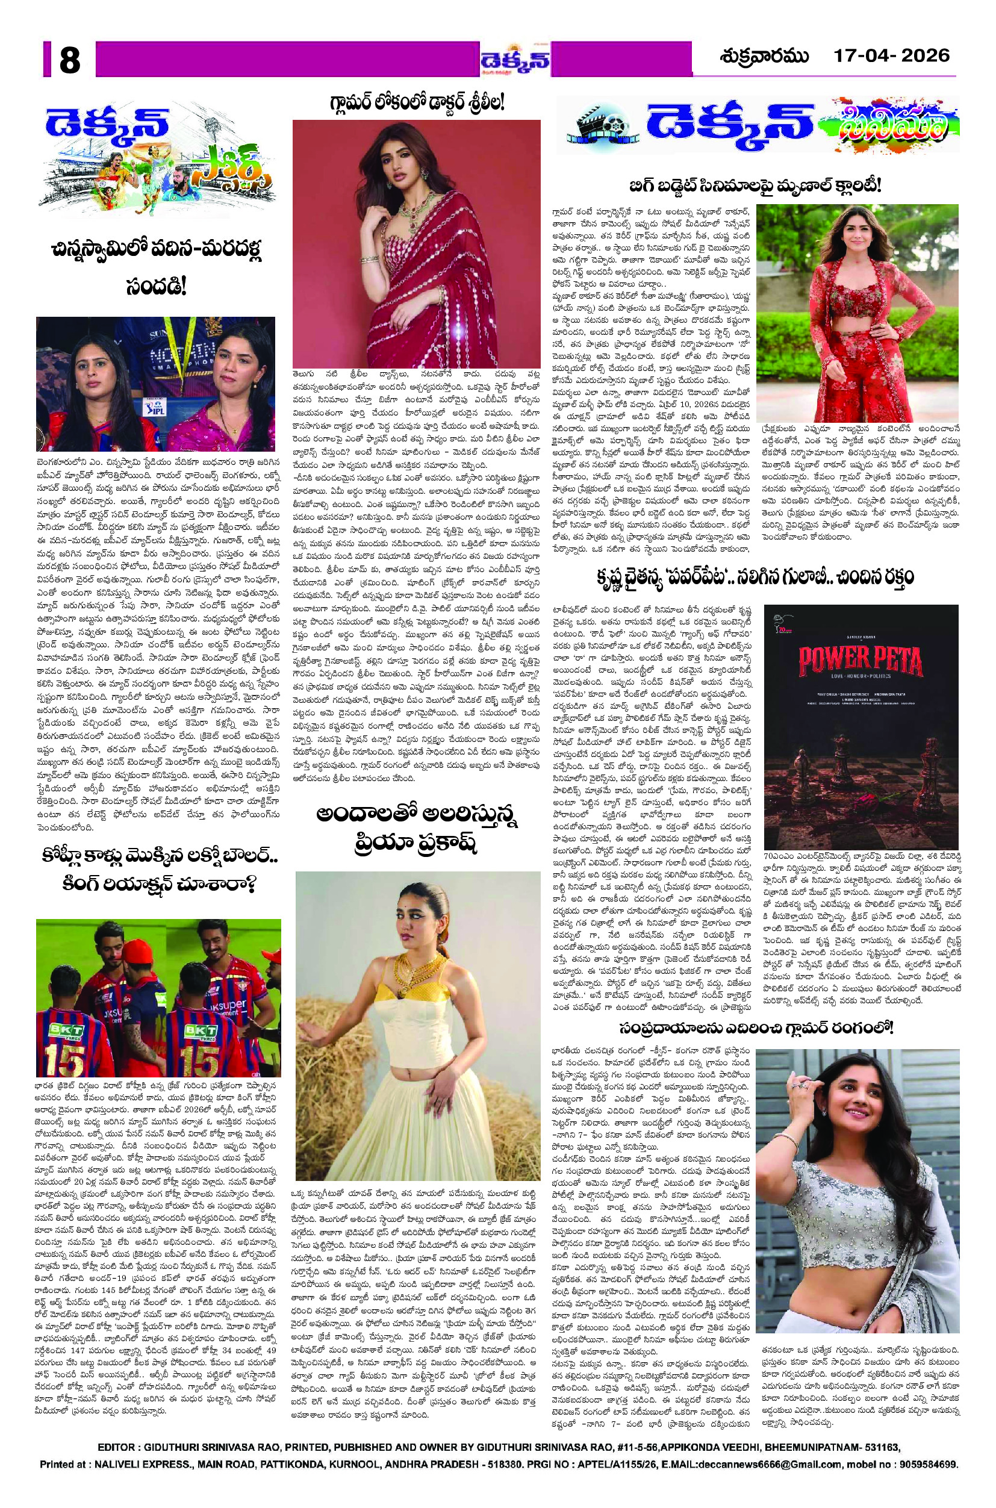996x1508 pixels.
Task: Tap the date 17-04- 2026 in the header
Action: [x=891, y=56]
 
